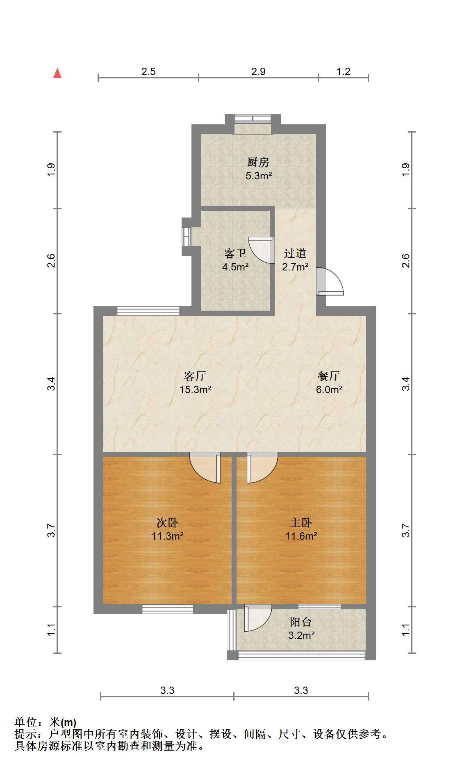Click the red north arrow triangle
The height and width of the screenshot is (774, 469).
[x=58, y=73]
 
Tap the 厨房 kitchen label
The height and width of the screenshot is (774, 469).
[x=258, y=163]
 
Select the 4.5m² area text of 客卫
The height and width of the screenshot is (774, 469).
[x=235, y=267]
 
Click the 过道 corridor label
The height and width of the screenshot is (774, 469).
[x=295, y=254]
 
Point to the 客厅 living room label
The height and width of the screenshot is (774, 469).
[x=195, y=376]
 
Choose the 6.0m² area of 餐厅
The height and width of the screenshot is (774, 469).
[x=329, y=389]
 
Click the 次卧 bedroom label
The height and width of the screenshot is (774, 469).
[x=167, y=522]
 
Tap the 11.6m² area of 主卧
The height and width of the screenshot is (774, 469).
[x=301, y=536]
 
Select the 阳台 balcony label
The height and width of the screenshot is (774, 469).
[x=301, y=622]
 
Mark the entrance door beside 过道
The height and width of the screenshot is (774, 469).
[x=330, y=282]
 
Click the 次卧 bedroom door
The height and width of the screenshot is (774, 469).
[x=205, y=467]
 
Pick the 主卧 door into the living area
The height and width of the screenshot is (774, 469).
[x=262, y=467]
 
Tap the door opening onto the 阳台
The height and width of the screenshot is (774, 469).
[x=258, y=618]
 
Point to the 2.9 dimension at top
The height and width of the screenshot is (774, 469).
[x=258, y=71]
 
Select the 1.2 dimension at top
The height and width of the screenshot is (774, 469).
[x=344, y=71]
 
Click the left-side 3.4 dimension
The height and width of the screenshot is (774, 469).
[x=51, y=384]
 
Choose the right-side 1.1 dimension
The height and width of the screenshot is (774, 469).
[x=406, y=630]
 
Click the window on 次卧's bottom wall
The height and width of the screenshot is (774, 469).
[x=167, y=609]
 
